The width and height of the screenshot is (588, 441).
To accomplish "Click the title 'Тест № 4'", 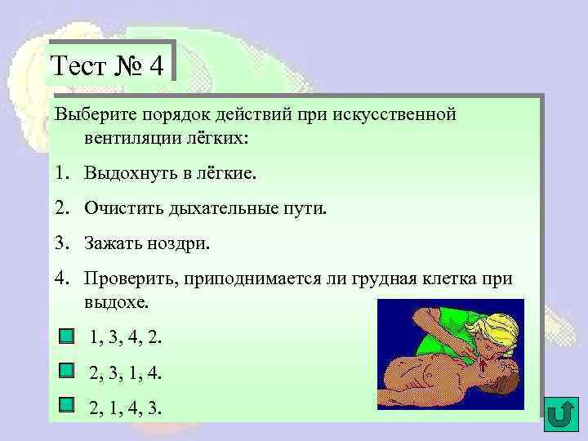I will [x=111, y=64].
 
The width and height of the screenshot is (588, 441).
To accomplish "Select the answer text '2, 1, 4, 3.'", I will [x=126, y=406].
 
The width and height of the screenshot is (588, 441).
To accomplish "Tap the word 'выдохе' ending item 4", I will [x=115, y=302].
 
